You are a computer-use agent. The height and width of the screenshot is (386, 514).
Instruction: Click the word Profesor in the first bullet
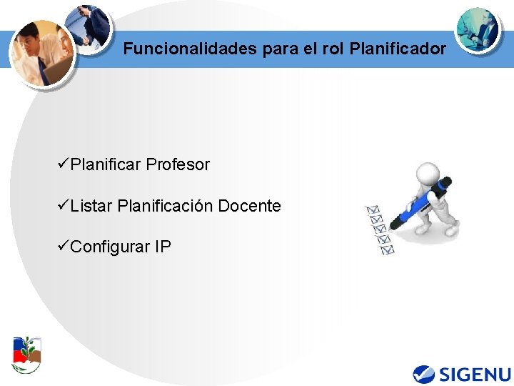point(178,165)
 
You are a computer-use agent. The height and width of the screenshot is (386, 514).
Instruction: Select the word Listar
point(91,207)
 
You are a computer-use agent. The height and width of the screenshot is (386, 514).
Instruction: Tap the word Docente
point(249,207)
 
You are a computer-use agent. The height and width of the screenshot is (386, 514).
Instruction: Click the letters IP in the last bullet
point(162,247)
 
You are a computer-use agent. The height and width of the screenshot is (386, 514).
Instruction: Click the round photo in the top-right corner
point(478,30)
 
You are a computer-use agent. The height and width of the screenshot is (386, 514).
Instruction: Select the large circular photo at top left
point(43,51)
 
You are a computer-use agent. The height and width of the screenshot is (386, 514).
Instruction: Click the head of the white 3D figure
point(427,174)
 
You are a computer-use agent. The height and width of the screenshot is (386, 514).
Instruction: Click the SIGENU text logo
point(475,374)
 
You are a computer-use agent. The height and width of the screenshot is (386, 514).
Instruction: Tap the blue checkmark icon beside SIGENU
point(424,374)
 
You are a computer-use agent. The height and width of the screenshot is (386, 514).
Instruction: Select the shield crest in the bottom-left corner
point(27,354)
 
